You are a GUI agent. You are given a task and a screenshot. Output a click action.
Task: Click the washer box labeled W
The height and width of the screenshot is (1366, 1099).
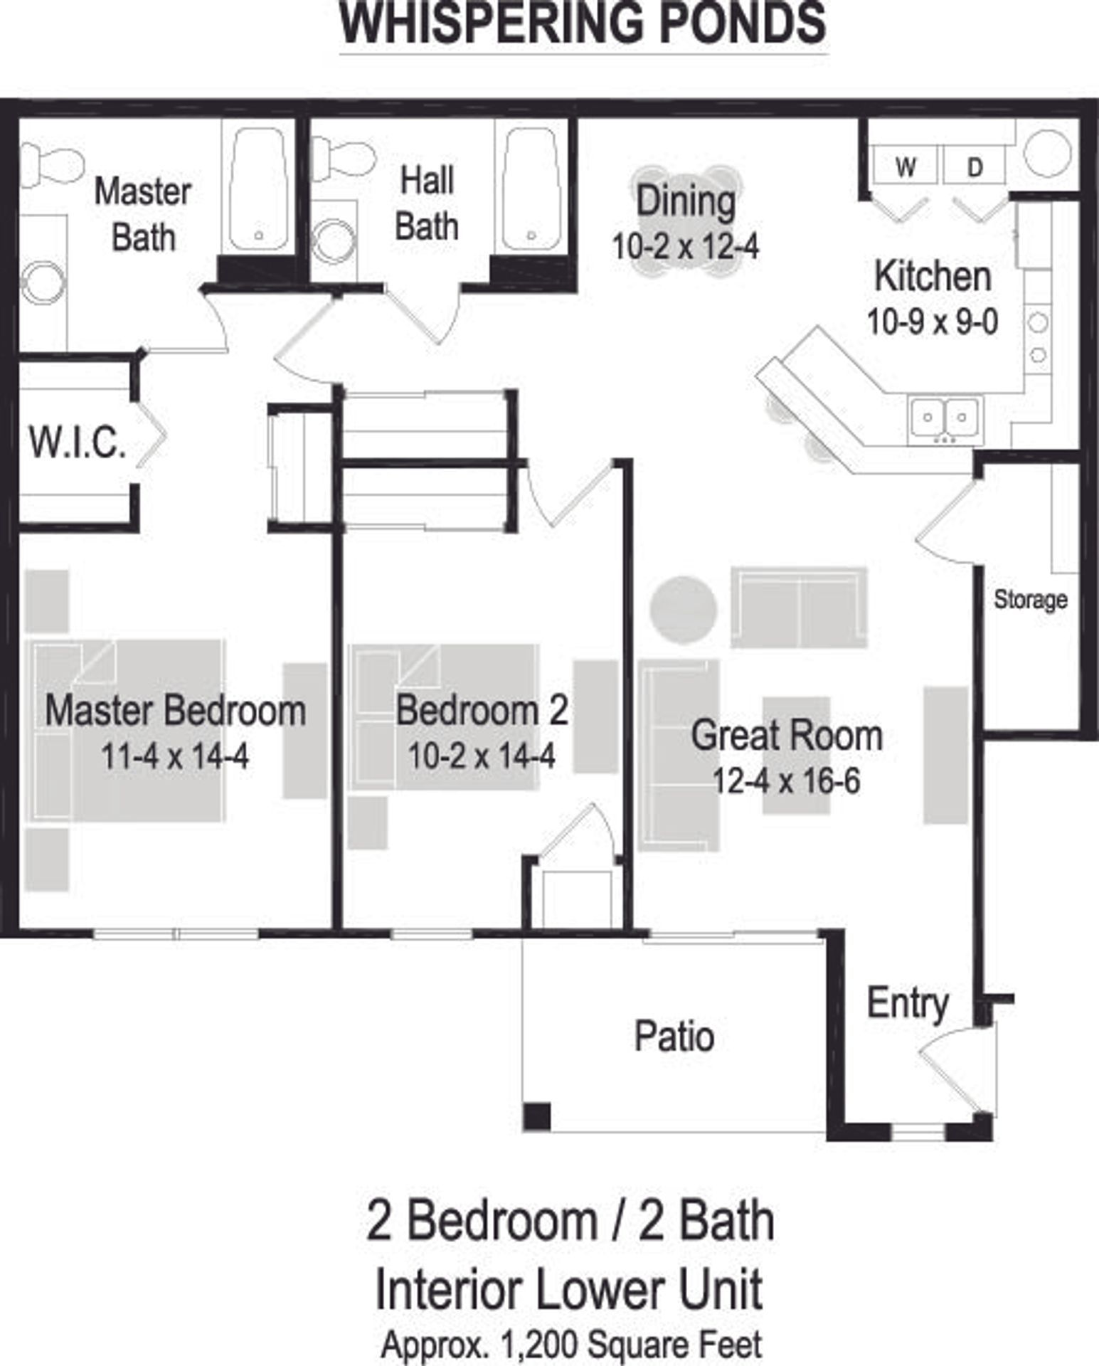(906, 167)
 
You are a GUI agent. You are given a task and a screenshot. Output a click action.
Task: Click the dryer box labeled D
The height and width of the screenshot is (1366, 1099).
(975, 167)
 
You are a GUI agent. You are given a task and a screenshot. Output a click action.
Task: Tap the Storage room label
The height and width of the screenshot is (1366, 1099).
(1030, 600)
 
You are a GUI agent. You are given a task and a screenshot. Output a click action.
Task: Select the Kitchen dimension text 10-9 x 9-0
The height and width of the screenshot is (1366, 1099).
(932, 322)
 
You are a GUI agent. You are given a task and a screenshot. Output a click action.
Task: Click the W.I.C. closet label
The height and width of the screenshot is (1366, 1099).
(78, 443)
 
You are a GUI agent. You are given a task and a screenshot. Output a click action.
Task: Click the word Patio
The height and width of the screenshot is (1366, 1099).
(674, 1037)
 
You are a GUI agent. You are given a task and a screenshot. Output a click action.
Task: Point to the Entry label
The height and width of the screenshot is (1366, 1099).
(907, 1004)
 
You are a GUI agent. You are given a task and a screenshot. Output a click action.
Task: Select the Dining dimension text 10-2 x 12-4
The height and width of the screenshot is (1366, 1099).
(685, 247)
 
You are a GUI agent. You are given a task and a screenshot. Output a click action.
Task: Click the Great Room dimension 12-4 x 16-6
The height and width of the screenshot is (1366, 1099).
(786, 781)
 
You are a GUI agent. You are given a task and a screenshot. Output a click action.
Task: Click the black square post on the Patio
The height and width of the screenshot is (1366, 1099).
(537, 1116)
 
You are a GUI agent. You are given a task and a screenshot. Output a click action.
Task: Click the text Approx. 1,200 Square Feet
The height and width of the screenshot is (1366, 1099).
(571, 1345)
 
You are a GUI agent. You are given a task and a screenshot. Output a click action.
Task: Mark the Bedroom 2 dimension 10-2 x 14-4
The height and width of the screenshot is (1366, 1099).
(481, 756)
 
